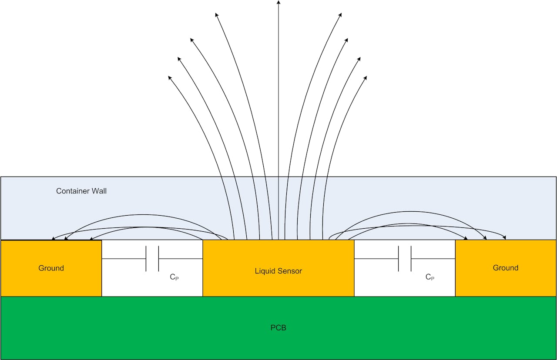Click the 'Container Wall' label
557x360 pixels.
[81, 191]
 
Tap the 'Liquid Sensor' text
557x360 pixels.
[278, 271]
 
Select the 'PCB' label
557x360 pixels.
[278, 327]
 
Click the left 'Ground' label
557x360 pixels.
[51, 268]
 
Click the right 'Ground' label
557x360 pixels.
[505, 268]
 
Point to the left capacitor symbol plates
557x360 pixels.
[152, 259]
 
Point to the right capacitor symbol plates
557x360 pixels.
[405, 259]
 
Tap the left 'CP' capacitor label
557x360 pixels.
[174, 277]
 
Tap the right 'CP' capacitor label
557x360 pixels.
[429, 277]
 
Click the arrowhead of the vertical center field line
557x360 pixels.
[278, 3]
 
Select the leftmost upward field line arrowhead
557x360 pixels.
[169, 78]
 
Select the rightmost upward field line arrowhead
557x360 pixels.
[366, 78]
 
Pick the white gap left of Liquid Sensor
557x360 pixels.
[131, 283]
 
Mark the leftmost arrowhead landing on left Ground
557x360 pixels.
[53, 238]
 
